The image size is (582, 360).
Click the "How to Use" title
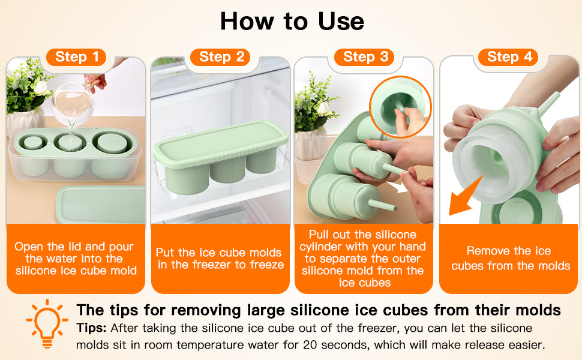pyautogui.click(x=292, y=21)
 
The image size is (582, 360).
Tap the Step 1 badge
pyautogui.click(x=76, y=57)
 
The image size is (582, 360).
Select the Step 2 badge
pyautogui.click(x=220, y=57)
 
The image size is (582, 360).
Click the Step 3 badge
pyautogui.click(x=364, y=57)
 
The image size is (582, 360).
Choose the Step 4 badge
pyautogui.click(x=509, y=57)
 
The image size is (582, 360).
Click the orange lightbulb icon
pyautogui.click(x=47, y=323)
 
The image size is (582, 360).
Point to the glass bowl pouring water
pyautogui.click(x=73, y=102)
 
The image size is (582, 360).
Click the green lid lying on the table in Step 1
pyautogui.click(x=101, y=205)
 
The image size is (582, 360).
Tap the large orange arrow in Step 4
pyautogui.click(x=466, y=196)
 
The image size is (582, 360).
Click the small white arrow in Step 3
pyautogui.click(x=398, y=187)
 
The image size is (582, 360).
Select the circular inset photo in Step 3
pyautogui.click(x=401, y=107)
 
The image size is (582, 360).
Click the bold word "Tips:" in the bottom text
pyautogui.click(x=92, y=328)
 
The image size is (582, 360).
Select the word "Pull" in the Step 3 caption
pyautogui.click(x=319, y=235)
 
